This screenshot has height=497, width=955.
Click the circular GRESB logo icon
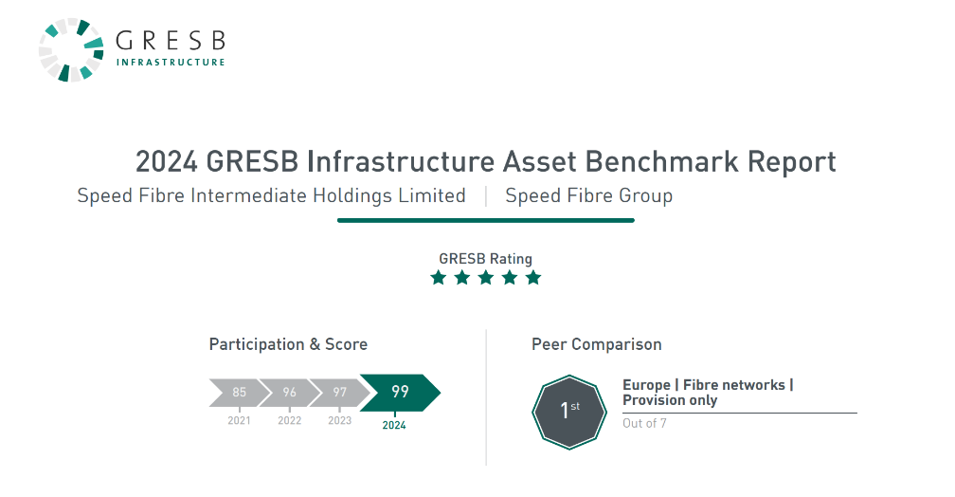click(71, 50)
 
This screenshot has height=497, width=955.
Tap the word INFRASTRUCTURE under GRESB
click(171, 63)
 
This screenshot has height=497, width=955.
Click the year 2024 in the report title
click(167, 161)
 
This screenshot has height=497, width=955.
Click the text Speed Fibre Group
click(589, 195)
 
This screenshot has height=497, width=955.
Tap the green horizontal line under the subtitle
click(486, 220)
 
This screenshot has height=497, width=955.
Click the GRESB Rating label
click(485, 259)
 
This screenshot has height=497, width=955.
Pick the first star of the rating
click(439, 278)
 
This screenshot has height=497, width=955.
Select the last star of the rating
click(533, 278)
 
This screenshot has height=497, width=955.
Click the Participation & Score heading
click(288, 344)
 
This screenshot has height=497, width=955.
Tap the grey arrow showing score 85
click(239, 392)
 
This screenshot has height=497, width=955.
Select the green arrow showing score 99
click(400, 392)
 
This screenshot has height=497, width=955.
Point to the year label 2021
click(239, 420)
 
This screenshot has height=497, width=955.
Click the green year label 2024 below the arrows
click(394, 425)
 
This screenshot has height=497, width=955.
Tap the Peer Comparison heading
click(596, 344)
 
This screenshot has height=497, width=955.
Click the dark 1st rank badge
click(569, 413)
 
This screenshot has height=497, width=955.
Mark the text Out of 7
click(644, 423)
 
